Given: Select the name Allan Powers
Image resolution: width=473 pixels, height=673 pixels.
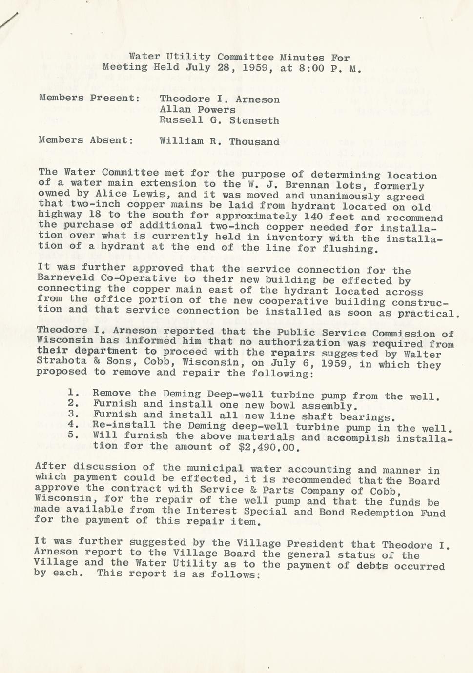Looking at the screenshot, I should pos(198,110).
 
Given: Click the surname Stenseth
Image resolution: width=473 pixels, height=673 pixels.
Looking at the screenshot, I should pos(254,120).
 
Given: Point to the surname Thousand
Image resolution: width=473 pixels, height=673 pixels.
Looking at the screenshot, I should pos(254,142).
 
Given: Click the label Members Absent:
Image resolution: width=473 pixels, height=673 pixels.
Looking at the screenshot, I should pos(86,140).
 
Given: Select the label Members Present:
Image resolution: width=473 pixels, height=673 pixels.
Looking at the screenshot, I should pos(89,98).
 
